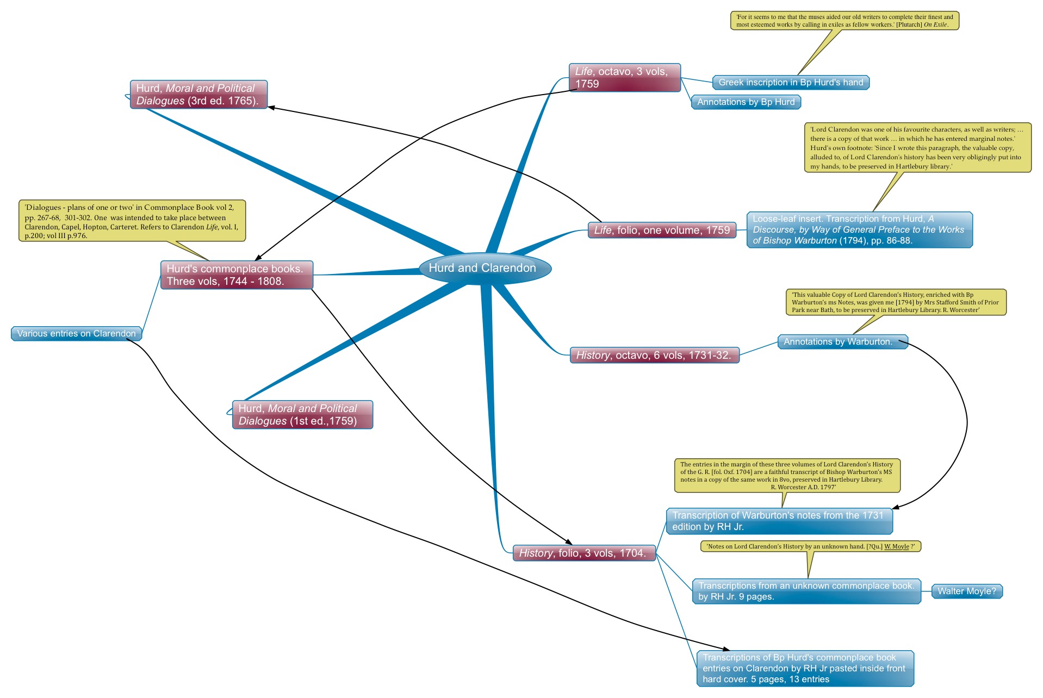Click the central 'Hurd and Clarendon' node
click(485, 268)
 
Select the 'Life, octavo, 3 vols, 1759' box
click(624, 78)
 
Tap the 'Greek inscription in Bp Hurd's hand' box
click(791, 83)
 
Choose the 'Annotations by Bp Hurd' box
click(746, 102)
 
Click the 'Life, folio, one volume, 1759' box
click(662, 230)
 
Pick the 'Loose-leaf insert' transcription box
click(859, 230)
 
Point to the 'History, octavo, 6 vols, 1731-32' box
click(654, 356)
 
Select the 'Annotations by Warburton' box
click(842, 342)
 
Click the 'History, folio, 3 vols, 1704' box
click(583, 553)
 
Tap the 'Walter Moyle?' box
click(967, 591)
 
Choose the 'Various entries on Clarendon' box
click(77, 334)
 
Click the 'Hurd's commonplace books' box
click(237, 275)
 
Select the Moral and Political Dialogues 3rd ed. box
click(198, 95)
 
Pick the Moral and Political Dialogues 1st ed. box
click(302, 415)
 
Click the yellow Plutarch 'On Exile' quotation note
click(845, 21)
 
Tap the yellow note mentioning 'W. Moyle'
click(811, 547)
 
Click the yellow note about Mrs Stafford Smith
click(896, 302)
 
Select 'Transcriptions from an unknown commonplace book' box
click(806, 591)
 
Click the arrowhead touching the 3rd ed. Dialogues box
click(271, 108)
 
